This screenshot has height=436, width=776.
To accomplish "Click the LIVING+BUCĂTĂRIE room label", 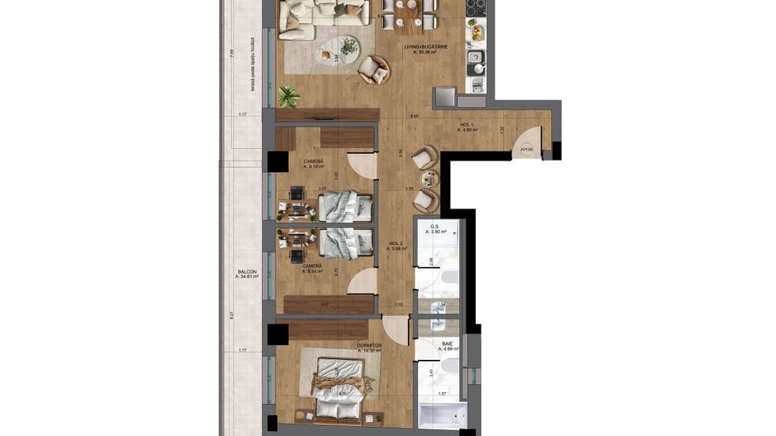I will pos(425,49).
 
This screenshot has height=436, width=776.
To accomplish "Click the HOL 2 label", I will pos(397,245).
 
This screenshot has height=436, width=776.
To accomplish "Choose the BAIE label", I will pos(448,345).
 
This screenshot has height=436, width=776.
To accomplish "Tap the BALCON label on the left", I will pos(247,274).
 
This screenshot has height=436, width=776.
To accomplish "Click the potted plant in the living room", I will pos(289,96).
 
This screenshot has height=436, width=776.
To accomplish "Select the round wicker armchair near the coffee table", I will pos(373,70).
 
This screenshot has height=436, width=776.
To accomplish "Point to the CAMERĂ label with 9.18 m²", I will pos(314,163).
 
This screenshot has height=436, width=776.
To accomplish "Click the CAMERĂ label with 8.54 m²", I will pos(314,268).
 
